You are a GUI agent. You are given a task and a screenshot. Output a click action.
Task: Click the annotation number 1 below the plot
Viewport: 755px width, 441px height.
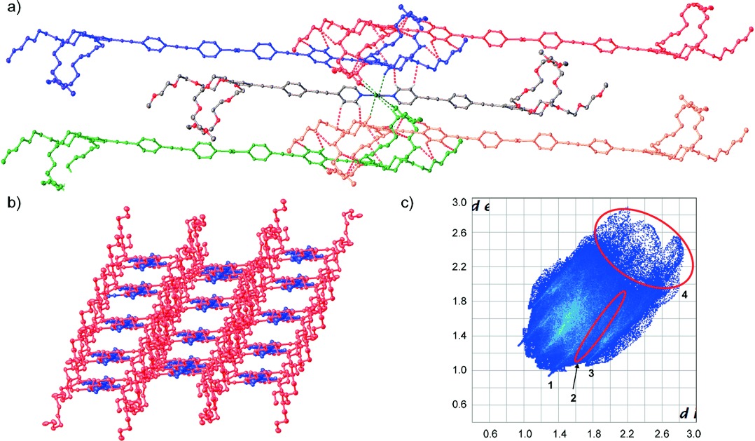pos(551,385)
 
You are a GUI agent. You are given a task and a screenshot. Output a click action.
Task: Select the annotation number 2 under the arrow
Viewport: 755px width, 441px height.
pos(572,397)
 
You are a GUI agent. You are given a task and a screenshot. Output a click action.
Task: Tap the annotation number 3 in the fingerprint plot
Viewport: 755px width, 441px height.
pos(591,374)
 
